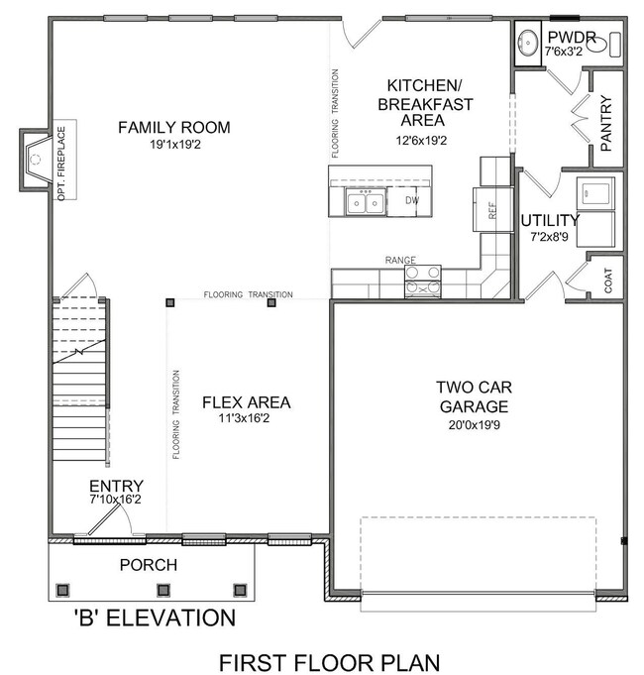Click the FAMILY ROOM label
coord(174,128)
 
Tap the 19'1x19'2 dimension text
coord(175,144)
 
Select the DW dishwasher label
coord(412,200)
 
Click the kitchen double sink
coord(366,202)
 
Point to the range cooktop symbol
coord(423,281)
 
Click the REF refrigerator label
coord(492,210)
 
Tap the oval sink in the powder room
coord(527,43)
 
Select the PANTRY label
coord(605,124)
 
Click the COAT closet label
coord(608,281)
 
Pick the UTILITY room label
coord(550,220)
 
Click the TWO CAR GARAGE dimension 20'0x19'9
coord(474,425)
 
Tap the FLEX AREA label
coord(247,402)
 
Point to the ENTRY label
coord(116,486)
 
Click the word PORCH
coord(149,565)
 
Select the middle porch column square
coord(163,590)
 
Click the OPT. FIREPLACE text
coord(61,164)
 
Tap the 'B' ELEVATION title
coord(155,619)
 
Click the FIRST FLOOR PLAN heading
coord(330,662)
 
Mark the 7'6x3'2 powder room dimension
coord(564,52)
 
